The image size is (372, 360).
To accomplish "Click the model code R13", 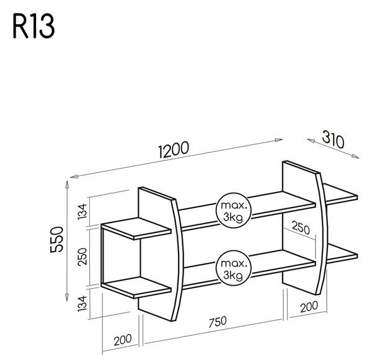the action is point(33,26).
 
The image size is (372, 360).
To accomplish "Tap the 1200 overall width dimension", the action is point(174,149).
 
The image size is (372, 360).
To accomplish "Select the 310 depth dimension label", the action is point(333,139).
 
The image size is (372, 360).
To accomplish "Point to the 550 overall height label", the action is point(57,240).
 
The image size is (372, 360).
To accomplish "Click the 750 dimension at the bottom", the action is point(218,322).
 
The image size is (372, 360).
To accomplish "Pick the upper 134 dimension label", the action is point(82,211).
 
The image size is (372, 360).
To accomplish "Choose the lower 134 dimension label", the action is point(82,304).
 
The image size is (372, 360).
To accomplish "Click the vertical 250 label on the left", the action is point(83,257).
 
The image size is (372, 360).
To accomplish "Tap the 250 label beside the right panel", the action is point(301,227).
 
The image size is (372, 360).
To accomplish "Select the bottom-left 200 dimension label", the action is point(123,340).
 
